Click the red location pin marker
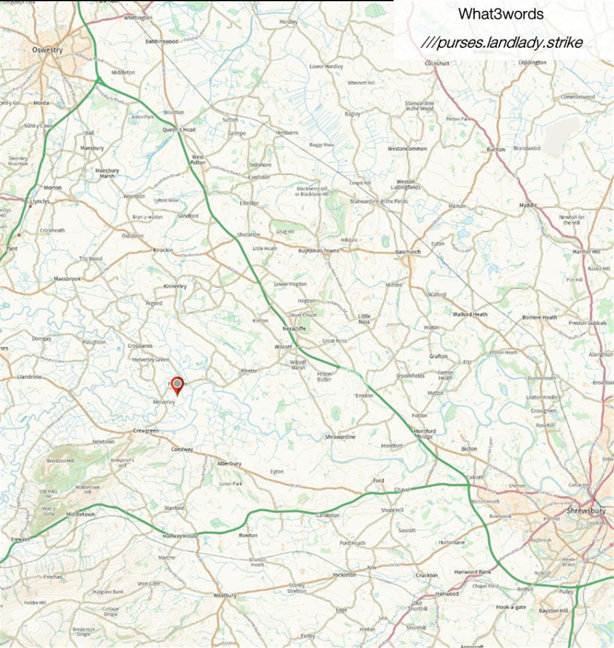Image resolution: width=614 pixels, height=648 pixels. click(177, 385)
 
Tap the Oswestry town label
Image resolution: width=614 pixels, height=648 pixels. click(48, 50)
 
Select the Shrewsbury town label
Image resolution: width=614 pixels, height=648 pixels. click(586, 511)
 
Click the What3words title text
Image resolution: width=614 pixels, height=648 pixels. click(501, 14)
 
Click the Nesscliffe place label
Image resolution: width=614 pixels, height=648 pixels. click(295, 329)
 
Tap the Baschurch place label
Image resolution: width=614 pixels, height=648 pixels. click(408, 252)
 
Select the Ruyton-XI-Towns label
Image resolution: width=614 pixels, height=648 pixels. click(318, 251)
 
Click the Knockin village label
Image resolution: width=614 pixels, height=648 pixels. click(163, 250)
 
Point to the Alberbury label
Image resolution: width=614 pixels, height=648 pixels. click(229, 463)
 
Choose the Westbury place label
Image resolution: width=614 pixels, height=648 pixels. click(225, 595)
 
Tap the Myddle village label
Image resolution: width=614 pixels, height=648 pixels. click(528, 205)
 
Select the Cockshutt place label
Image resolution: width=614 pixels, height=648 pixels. click(437, 63)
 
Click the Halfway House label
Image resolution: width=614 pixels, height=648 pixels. click(181, 535)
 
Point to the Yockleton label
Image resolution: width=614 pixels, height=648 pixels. click(344, 575)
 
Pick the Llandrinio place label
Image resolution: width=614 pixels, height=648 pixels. click(29, 377)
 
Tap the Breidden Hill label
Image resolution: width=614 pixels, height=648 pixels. click(61, 461)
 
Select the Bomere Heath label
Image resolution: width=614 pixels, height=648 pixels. click(540, 317)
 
